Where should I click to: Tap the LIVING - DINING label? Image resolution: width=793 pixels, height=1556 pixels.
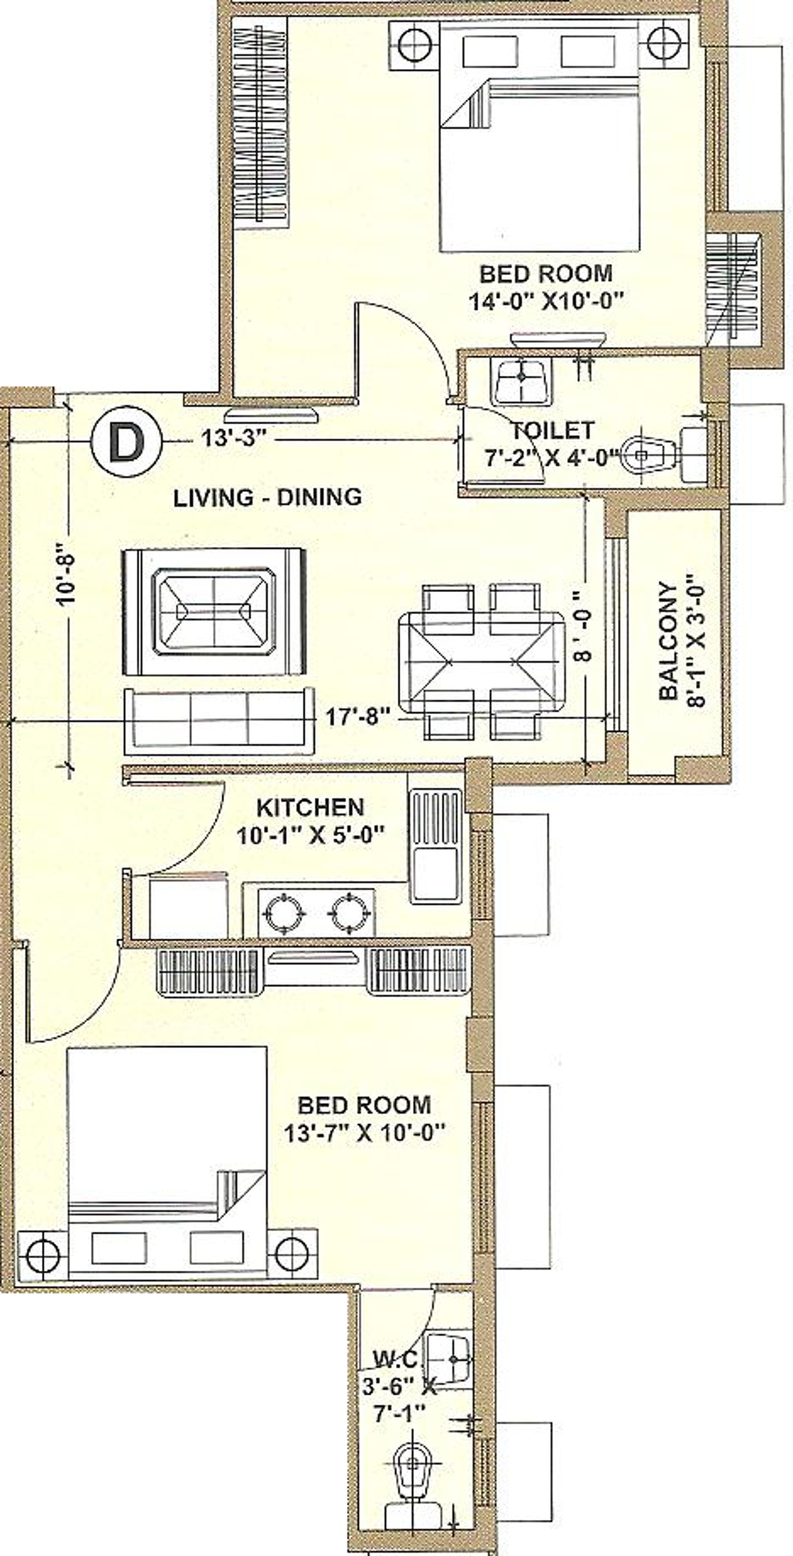pyautogui.click(x=268, y=497)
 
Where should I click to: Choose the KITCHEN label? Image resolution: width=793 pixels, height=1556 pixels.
pyautogui.click(x=310, y=807)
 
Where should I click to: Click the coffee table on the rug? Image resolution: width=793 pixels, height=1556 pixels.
pyautogui.click(x=214, y=612)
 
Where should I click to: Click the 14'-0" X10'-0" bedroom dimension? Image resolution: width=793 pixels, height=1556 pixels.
pyautogui.click(x=547, y=300)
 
